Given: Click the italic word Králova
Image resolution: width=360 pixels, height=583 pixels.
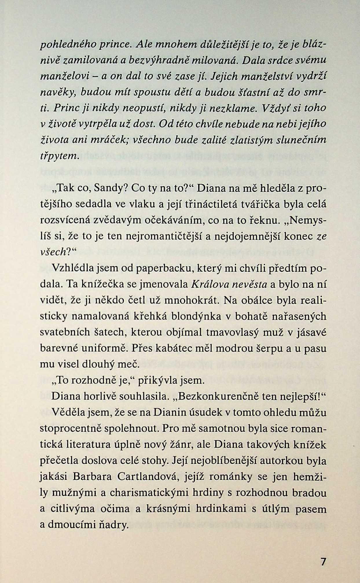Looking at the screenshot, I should click(x=209, y=285).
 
